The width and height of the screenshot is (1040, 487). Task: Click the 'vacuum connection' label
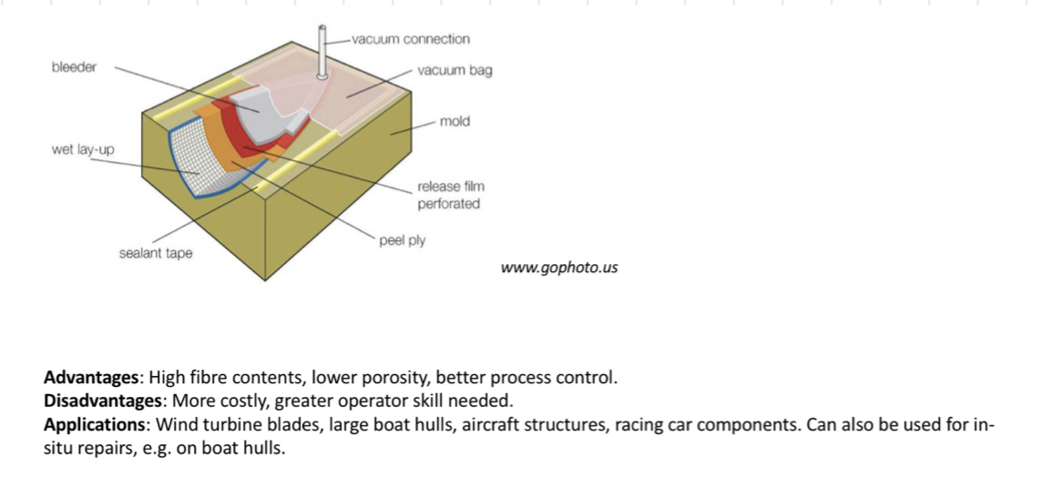[x=411, y=39]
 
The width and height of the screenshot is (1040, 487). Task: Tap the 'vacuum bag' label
[x=454, y=70]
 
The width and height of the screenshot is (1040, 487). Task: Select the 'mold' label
[x=454, y=121]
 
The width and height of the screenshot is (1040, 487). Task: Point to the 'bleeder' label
[x=74, y=67]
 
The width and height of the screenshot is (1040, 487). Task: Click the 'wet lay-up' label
[x=83, y=149]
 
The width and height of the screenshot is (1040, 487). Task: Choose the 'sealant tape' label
[x=156, y=253]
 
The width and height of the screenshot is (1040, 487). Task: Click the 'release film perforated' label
[x=449, y=195]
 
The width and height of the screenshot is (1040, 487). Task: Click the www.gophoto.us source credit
[x=559, y=269]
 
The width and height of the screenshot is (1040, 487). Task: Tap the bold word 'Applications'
[x=97, y=424]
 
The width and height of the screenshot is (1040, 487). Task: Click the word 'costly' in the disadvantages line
[x=236, y=401]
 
